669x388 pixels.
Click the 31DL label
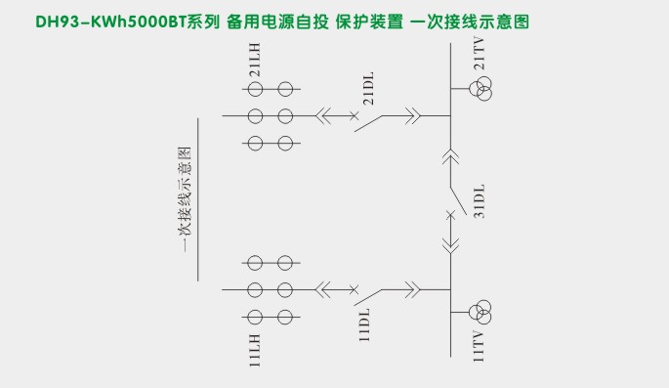tap(478, 199)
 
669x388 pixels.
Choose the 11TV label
tap(479, 346)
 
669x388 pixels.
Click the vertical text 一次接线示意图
tap(185, 200)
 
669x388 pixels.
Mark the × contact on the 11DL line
tap(355, 289)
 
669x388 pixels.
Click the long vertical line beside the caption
tap(199, 200)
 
